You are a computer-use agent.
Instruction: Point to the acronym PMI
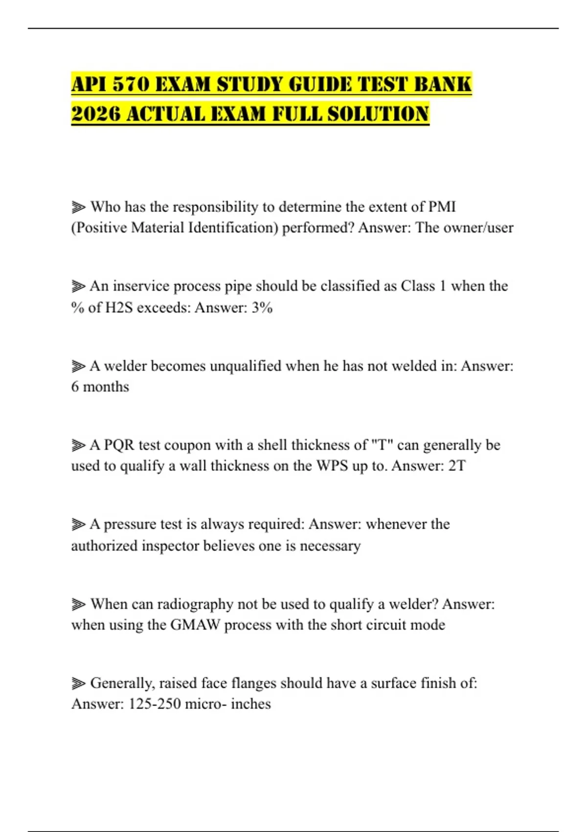click(x=442, y=207)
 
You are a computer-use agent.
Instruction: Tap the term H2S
click(x=119, y=307)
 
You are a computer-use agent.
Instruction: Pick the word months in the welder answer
click(x=106, y=387)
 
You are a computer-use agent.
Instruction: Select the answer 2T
click(x=457, y=465)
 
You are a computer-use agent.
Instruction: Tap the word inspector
click(x=170, y=545)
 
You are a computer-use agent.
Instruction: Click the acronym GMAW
click(x=195, y=625)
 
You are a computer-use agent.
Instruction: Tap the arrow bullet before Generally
click(x=78, y=683)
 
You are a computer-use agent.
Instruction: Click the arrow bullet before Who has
click(x=78, y=207)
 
